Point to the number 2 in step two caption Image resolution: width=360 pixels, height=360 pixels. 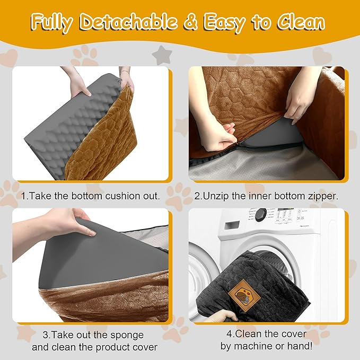(x=197, y=196)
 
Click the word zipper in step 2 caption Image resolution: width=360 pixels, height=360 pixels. (x=317, y=196)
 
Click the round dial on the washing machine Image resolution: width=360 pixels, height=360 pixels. (x=260, y=216)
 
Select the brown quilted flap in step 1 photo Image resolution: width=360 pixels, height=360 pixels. (x=114, y=125)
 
